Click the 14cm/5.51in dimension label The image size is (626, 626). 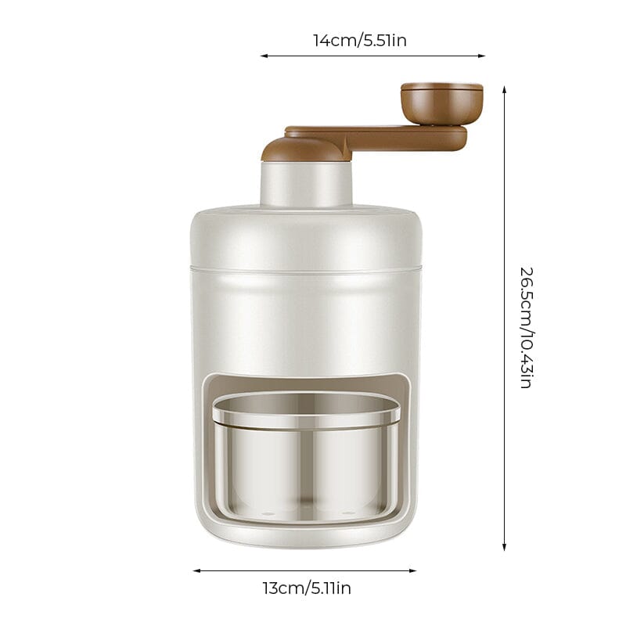pyautogui.click(x=360, y=41)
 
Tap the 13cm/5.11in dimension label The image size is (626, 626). pyautogui.click(x=307, y=588)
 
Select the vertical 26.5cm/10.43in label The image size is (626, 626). pyautogui.click(x=527, y=328)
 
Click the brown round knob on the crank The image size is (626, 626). pyautogui.click(x=442, y=105)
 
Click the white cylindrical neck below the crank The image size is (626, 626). pyautogui.click(x=306, y=183)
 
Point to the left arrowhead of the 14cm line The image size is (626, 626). pyautogui.click(x=264, y=56)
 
